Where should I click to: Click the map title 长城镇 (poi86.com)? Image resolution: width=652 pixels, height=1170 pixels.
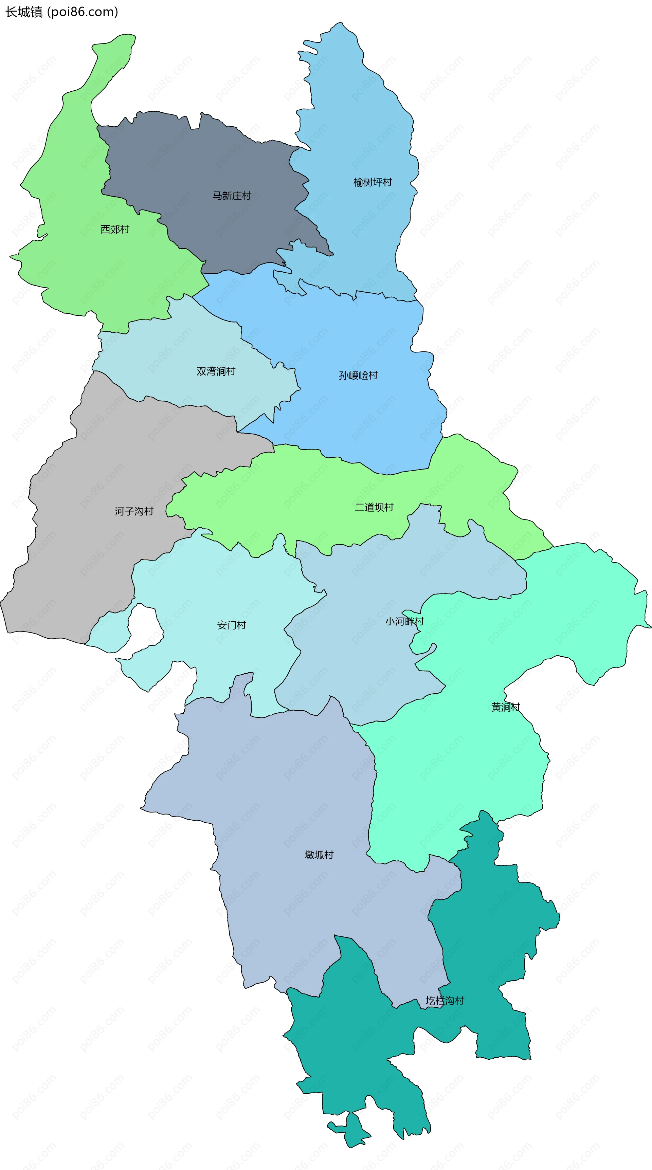point(61,12)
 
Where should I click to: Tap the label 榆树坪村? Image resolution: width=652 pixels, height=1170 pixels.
point(373,182)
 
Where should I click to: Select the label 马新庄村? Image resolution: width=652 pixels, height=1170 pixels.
point(232,196)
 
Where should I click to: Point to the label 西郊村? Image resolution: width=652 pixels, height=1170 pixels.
point(115,230)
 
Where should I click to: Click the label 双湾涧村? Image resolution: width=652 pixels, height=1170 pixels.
point(216,371)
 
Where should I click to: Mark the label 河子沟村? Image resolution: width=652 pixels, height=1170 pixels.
point(134,511)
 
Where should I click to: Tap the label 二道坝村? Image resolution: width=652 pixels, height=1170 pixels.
point(374,507)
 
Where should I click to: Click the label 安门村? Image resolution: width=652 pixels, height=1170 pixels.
point(232,625)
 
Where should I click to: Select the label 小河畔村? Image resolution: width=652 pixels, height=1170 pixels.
point(404,621)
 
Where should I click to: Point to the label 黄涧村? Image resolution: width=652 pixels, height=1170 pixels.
point(506,707)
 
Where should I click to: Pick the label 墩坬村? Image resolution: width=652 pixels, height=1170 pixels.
point(319,855)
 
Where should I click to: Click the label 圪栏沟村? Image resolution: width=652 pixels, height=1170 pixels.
point(445,1000)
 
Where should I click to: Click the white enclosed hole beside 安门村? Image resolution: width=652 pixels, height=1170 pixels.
point(143,629)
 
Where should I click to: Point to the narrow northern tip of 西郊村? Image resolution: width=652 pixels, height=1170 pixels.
point(116,50)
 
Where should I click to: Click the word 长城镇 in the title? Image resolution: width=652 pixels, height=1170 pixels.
point(24,12)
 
